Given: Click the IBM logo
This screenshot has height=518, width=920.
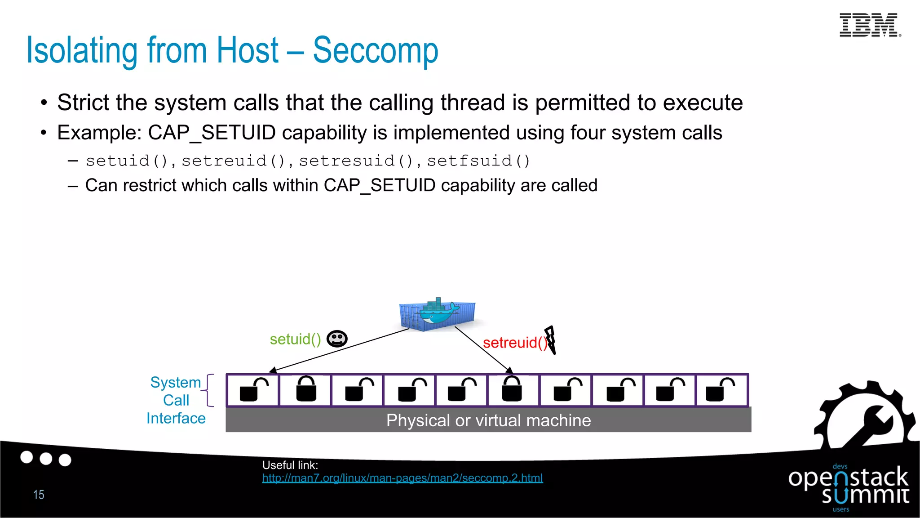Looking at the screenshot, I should [x=869, y=25].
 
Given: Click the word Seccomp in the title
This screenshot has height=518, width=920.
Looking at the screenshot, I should [x=375, y=50].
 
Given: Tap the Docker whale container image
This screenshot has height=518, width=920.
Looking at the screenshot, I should [x=438, y=314].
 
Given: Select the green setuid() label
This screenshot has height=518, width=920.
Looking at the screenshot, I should [x=295, y=339].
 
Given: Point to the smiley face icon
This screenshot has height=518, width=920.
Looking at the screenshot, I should [x=337, y=339].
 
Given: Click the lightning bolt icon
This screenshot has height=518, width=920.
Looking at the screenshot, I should [x=551, y=339].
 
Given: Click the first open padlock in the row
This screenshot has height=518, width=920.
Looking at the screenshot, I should [x=253, y=390].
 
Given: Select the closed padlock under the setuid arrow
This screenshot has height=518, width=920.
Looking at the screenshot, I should [x=306, y=389].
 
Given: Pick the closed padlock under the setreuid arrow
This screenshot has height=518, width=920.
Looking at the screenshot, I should [x=512, y=389].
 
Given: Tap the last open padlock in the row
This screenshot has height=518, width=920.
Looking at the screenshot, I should [x=720, y=390].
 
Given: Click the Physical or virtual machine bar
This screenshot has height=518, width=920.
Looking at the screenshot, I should [x=488, y=420].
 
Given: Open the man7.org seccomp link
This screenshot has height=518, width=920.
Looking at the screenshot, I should [x=402, y=478].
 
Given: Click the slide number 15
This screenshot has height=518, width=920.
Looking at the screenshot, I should [x=39, y=495].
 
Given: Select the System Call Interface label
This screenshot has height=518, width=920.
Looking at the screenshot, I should [x=176, y=400].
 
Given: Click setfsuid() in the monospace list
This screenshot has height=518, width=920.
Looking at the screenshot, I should [x=478, y=161].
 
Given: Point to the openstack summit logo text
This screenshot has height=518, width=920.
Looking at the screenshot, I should [x=849, y=486].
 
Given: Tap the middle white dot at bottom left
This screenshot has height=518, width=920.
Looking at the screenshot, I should [x=46, y=459].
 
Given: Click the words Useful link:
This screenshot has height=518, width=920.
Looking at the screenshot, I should [x=290, y=465].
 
